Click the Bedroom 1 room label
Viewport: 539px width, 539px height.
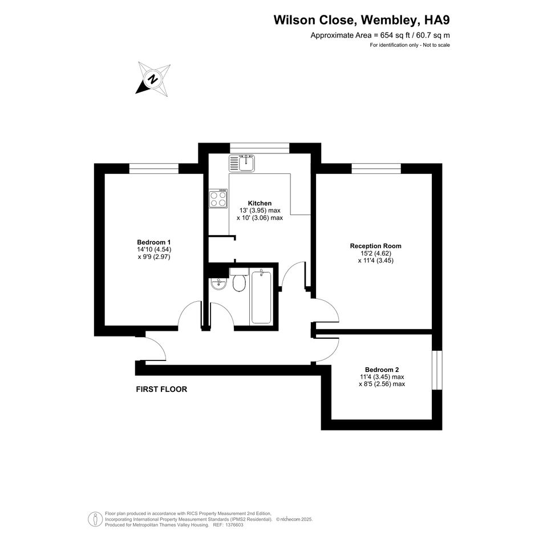(153, 242)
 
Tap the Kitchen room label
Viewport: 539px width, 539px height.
(260, 203)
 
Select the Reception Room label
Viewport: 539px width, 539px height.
(376, 246)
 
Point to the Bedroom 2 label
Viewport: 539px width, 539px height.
(382, 370)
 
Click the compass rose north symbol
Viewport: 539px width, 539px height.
(153, 79)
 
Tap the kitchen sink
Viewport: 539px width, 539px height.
(242, 163)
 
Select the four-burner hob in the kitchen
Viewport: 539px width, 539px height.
(218, 198)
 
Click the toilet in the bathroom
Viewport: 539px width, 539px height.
(238, 280)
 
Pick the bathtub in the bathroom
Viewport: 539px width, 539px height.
(261, 297)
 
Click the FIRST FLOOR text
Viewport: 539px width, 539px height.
(161, 389)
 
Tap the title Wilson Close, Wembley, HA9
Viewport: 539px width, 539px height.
(362, 20)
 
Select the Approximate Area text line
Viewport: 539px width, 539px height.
(380, 35)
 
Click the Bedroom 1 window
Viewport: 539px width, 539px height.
(154, 168)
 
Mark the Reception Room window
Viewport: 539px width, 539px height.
(376, 168)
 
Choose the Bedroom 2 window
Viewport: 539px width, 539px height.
(437, 370)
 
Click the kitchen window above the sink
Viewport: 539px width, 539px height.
(260, 148)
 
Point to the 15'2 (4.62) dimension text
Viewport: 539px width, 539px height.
(376, 253)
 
